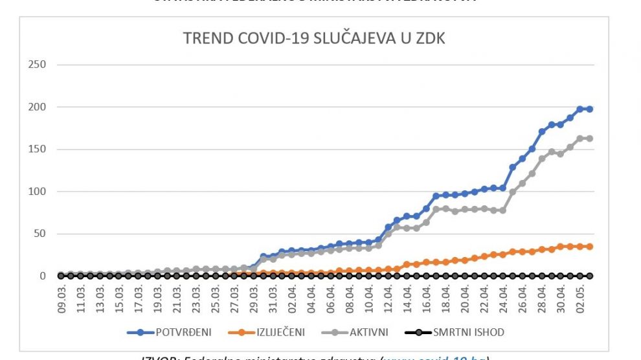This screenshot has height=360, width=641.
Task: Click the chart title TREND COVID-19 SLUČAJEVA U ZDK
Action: click(314, 39)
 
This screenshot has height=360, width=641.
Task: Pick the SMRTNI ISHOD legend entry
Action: click(465, 333)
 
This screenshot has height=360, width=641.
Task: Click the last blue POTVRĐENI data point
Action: click(590, 109)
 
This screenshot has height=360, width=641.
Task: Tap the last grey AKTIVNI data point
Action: click(590, 139)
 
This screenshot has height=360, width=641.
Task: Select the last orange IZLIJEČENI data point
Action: click(590, 247)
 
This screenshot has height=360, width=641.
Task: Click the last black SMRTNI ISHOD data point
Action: click(590, 276)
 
